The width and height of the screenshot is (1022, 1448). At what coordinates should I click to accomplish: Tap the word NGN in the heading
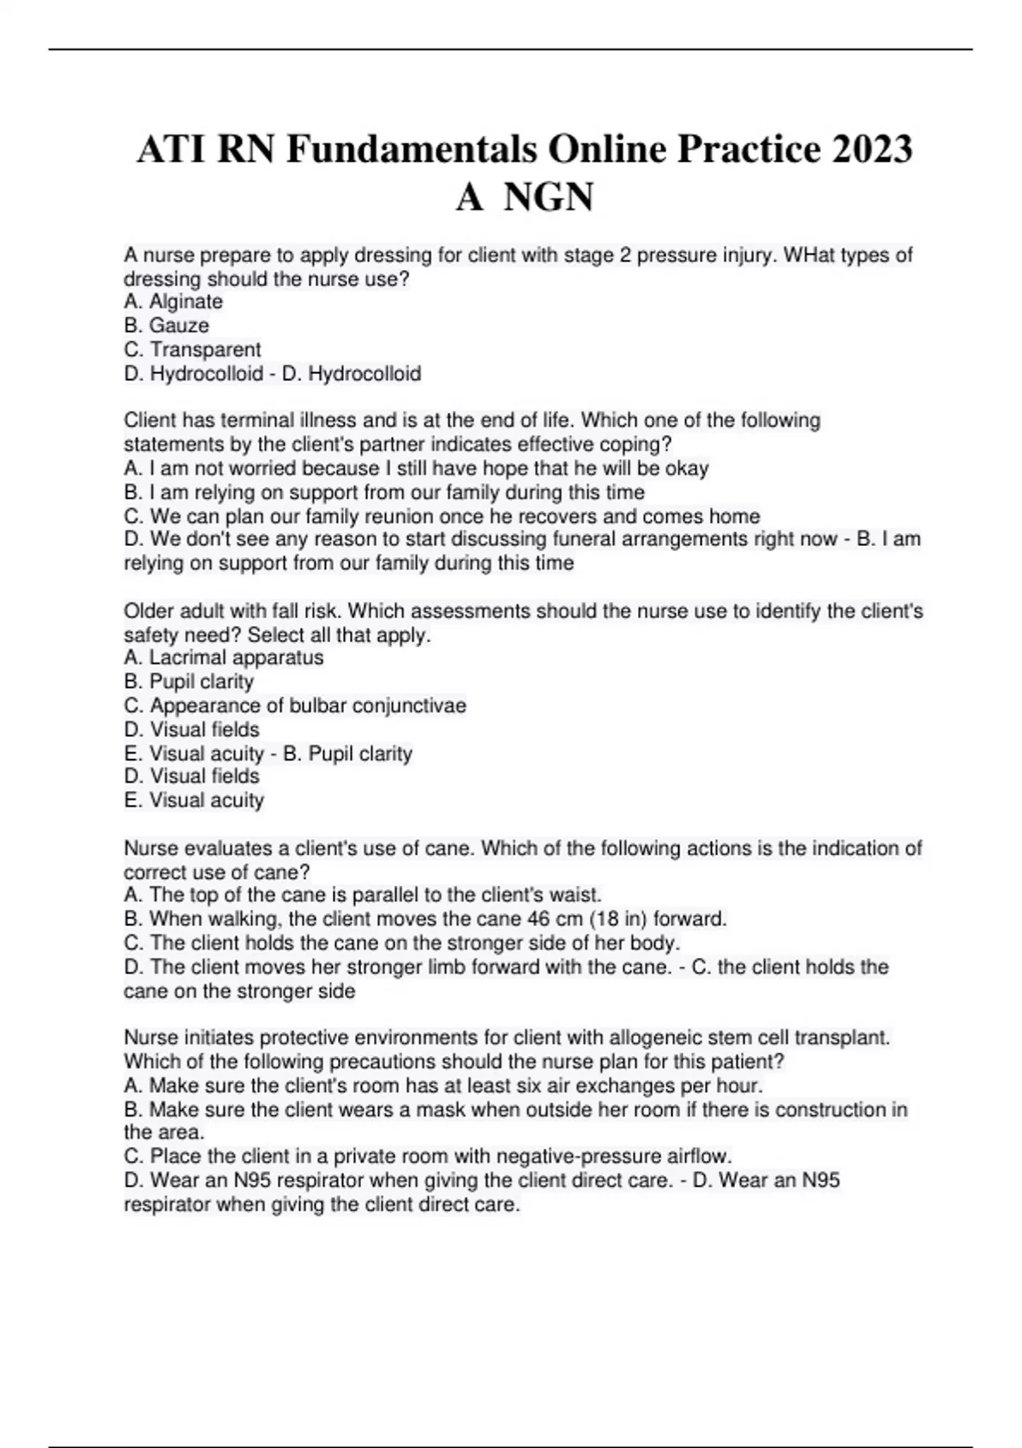(x=548, y=198)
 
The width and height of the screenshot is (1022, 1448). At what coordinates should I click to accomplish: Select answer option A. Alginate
(x=174, y=302)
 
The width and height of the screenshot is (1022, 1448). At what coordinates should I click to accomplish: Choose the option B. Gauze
(x=167, y=325)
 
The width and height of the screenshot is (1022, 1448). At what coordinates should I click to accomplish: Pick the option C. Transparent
(x=192, y=349)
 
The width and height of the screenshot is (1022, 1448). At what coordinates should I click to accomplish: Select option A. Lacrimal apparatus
(x=224, y=658)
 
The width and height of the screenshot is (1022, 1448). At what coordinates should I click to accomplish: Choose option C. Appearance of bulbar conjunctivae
(x=296, y=705)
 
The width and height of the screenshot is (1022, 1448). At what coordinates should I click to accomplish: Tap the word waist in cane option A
(x=577, y=895)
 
